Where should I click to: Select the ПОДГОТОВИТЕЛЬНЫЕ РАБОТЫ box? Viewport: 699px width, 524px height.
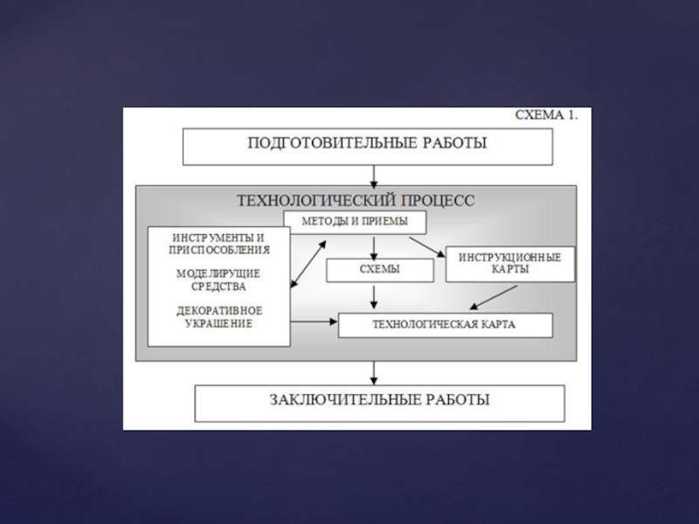click(367, 145)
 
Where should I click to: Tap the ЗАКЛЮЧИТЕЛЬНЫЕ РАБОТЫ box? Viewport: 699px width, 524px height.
click(378, 401)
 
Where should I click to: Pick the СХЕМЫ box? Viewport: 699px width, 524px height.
click(379, 270)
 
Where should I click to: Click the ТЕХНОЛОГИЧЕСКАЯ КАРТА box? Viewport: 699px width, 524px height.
click(445, 325)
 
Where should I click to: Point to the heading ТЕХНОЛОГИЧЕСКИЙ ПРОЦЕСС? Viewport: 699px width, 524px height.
click(356, 199)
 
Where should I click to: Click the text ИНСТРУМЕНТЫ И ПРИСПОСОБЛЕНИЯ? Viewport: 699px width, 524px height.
click(218, 243)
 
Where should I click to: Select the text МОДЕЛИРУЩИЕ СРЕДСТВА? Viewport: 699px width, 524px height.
click(218, 279)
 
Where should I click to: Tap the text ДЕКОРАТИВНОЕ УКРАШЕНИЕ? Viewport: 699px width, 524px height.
click(219, 317)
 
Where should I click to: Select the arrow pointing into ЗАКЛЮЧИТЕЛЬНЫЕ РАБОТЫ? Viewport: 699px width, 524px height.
click(374, 373)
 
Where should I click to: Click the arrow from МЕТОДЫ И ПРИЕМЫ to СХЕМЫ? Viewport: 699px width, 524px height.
click(374, 245)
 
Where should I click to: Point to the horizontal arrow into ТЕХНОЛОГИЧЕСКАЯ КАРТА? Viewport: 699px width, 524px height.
click(315, 322)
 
